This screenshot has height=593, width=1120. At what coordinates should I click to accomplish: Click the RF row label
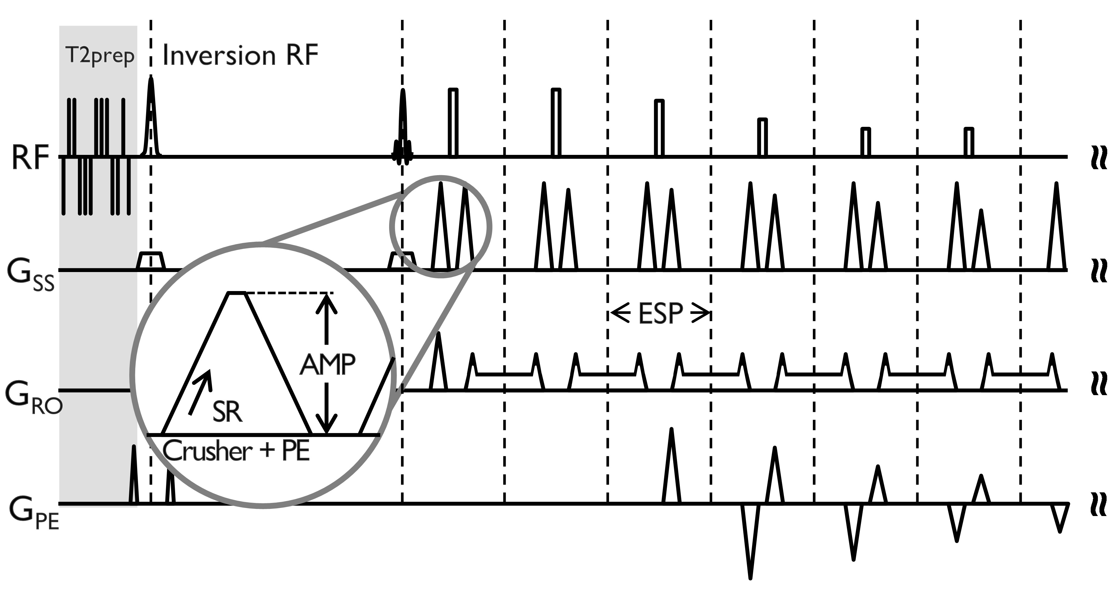(x=30, y=157)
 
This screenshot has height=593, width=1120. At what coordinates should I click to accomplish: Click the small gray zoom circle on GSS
(x=440, y=226)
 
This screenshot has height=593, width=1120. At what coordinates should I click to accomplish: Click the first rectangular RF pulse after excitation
(x=453, y=122)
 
